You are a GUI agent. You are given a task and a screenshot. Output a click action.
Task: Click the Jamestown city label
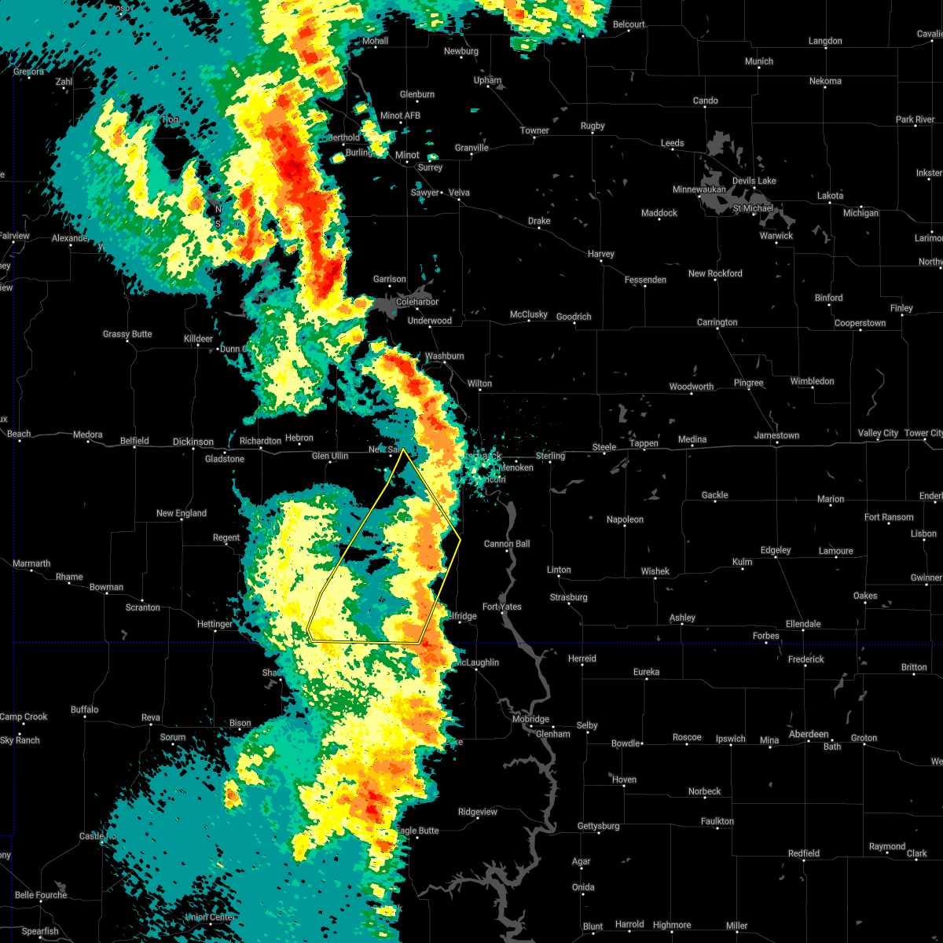tap(776, 435)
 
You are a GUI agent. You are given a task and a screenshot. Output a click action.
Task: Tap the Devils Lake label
tap(754, 181)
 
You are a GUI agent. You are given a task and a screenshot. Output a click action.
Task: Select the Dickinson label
tap(193, 442)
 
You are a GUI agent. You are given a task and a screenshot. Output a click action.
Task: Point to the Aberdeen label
tap(809, 734)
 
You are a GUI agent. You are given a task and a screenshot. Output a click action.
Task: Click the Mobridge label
tap(530, 719)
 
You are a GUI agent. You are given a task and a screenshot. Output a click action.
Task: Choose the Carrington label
tap(717, 322)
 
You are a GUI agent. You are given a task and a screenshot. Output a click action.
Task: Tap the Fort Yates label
tap(501, 607)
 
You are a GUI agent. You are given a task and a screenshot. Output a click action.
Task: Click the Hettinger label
tap(215, 624)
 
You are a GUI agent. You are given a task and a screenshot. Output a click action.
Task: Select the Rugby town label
tap(593, 126)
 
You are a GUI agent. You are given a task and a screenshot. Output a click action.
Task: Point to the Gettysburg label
tap(598, 826)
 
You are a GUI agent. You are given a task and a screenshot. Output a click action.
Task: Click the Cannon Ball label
tap(507, 544)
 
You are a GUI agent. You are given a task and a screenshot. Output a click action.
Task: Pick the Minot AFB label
tap(400, 116)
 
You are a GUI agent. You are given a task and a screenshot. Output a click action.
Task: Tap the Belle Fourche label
tap(41, 895)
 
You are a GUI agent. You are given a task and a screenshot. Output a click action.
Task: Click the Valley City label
tap(878, 434)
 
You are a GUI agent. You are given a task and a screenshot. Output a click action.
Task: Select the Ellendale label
tap(803, 624)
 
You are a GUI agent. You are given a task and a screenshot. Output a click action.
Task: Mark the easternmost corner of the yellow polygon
tap(460, 539)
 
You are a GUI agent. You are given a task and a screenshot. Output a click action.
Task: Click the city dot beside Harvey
tap(602, 262)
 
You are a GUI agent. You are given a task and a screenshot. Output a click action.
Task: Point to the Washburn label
tap(444, 356)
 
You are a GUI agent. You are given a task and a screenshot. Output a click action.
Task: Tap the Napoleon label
tap(625, 519)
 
